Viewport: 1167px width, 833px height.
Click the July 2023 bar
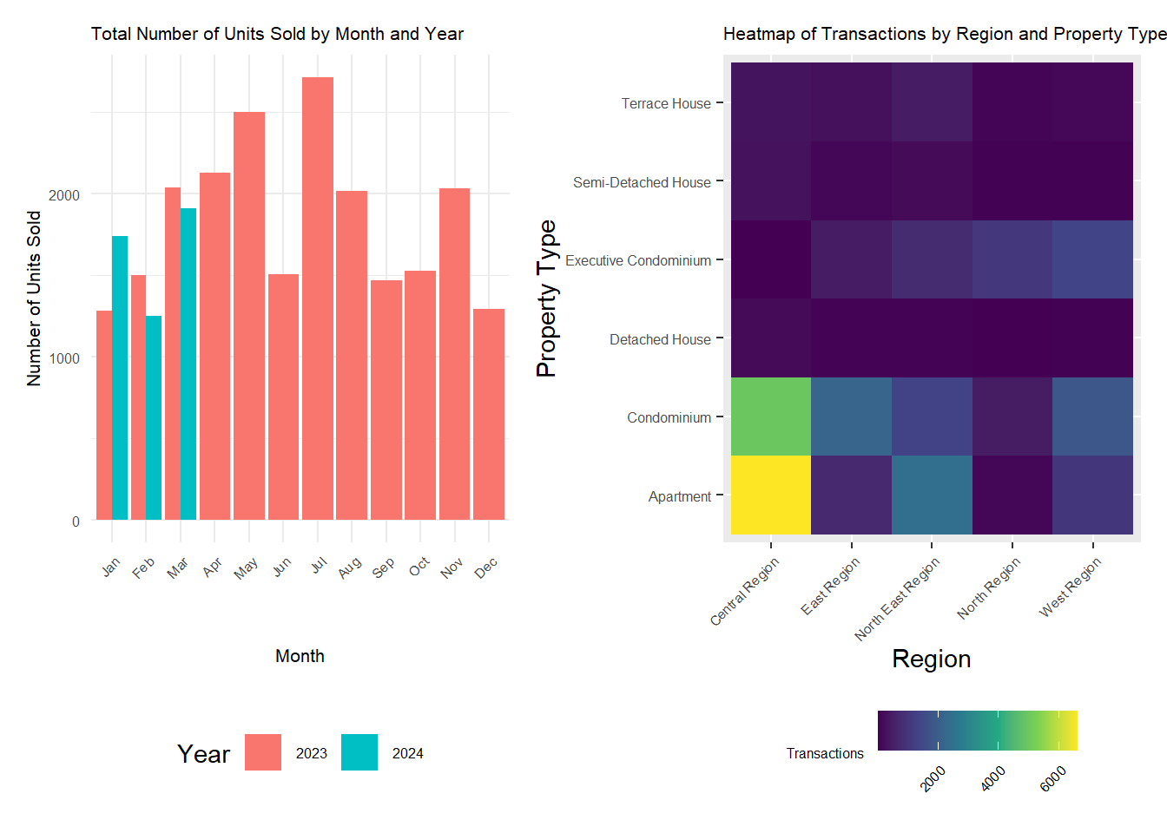(x=318, y=298)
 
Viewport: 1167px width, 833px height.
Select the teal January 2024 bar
(x=120, y=377)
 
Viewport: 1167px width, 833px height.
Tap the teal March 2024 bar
(x=188, y=364)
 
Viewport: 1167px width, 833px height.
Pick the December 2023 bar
(x=489, y=414)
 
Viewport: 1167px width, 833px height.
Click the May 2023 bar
(x=249, y=316)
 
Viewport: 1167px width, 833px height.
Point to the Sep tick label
(x=384, y=567)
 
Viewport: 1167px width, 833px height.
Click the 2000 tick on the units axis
(x=64, y=194)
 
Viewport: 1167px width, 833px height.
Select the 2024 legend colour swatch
(x=359, y=752)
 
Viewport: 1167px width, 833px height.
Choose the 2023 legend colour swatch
(x=263, y=752)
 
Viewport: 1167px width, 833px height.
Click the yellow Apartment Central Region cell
(x=771, y=495)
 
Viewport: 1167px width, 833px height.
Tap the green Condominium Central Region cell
(x=771, y=416)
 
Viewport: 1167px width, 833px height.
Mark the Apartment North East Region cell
(x=932, y=495)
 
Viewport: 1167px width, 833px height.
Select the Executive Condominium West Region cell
(x=1092, y=259)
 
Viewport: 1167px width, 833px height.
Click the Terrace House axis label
(x=666, y=103)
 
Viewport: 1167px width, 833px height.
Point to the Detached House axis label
(x=660, y=339)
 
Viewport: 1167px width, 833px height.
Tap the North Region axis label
(x=989, y=587)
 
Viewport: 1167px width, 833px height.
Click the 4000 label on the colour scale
(x=992, y=778)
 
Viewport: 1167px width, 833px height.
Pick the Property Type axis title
(x=546, y=298)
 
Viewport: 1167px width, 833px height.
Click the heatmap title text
(x=945, y=34)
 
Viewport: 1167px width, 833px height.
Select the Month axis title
(x=300, y=656)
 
